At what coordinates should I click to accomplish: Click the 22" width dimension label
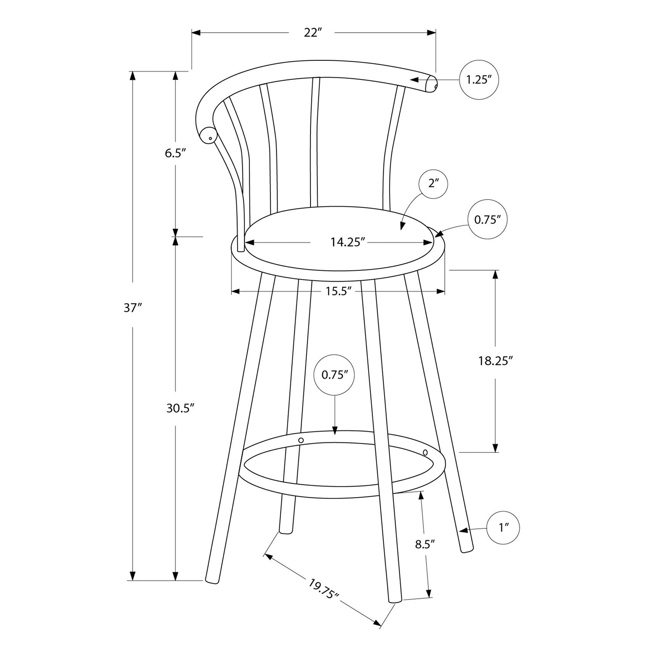(313, 33)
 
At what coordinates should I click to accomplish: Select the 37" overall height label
(133, 308)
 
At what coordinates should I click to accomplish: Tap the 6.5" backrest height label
(176, 153)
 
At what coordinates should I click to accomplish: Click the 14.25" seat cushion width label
(348, 242)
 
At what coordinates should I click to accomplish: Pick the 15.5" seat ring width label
(338, 291)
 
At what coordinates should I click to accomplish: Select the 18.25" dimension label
(495, 361)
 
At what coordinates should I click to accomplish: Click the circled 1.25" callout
(479, 80)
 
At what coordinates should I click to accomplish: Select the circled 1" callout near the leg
(504, 528)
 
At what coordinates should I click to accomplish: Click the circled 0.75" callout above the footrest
(334, 375)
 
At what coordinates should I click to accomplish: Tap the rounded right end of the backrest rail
(431, 84)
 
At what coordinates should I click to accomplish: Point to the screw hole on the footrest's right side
(425, 452)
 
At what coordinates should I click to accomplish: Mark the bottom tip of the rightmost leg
(467, 549)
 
